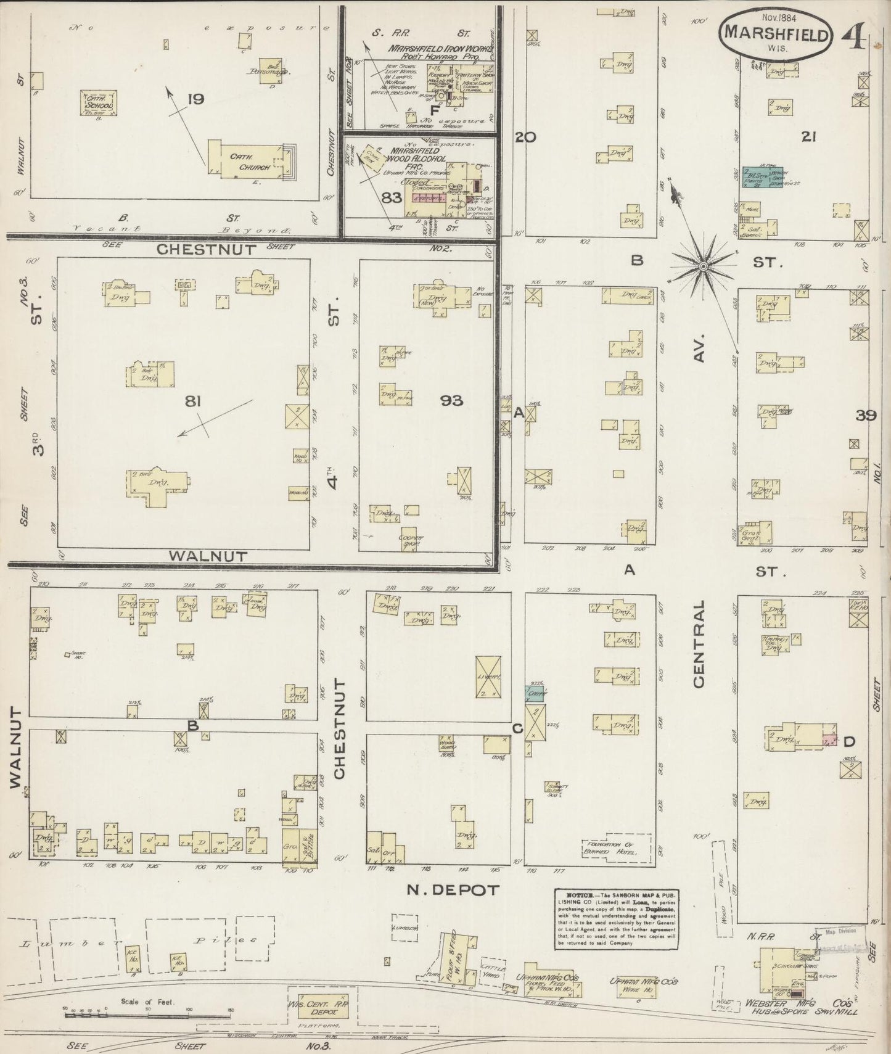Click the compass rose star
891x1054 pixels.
click(703, 266)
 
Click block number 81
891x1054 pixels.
click(194, 401)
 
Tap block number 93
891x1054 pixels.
click(451, 401)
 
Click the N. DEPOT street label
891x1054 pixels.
click(452, 890)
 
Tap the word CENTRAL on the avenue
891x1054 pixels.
click(698, 645)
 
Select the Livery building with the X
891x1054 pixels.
click(488, 677)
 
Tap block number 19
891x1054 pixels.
click(195, 99)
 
